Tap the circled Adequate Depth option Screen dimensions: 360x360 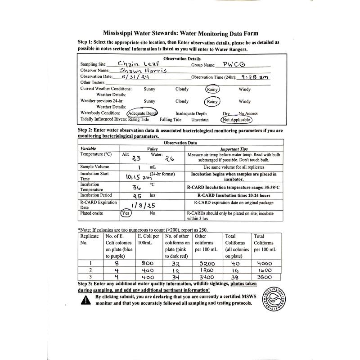click(x=142, y=113)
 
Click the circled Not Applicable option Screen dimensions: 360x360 click(x=236, y=120)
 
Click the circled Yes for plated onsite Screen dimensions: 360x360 click(x=126, y=213)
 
